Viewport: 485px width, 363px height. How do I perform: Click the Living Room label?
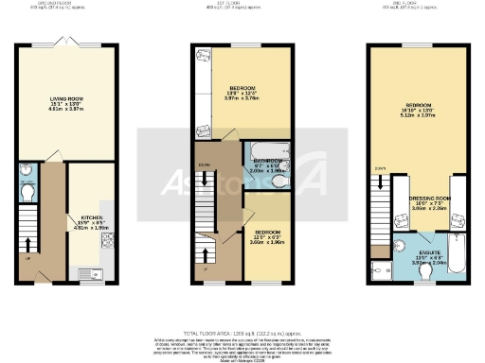pos(67,97)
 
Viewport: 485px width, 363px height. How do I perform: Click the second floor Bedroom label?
pos(421,105)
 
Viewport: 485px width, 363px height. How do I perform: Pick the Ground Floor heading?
pos(66,4)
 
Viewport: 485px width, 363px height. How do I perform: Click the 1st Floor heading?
pos(242,4)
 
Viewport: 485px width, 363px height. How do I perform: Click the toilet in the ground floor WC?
pos(27,192)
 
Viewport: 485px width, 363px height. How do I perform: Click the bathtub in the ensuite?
pos(458,256)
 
